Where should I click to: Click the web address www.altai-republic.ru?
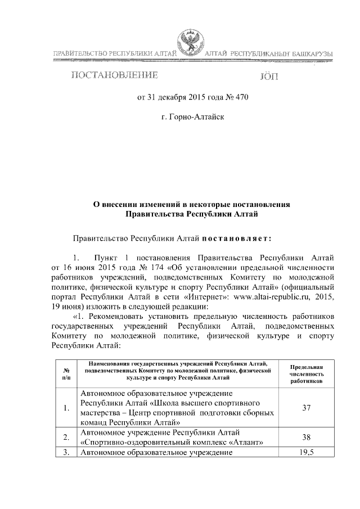click(271, 296)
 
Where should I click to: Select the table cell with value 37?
click(307, 407)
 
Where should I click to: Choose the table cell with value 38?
click(307, 437)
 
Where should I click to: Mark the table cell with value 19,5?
click(307, 452)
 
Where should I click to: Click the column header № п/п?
click(67, 372)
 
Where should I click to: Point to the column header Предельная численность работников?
click(307, 372)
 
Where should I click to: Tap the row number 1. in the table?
click(67, 407)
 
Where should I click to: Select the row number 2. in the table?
click(67, 437)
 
